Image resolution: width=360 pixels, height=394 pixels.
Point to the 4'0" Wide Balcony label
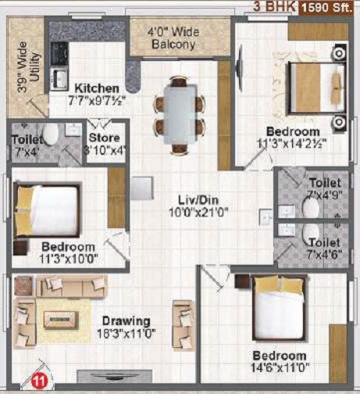pos(173,38)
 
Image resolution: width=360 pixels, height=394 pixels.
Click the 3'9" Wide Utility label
pos(26,72)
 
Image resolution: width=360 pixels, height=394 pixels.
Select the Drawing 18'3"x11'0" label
pos(124,327)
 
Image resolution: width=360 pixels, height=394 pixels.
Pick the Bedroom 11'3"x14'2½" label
pos(293,137)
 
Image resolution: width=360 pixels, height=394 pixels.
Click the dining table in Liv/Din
pos(180,109)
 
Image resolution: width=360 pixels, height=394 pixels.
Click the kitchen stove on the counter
pos(59,53)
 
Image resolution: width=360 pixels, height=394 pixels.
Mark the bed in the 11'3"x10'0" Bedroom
pos(47,209)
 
